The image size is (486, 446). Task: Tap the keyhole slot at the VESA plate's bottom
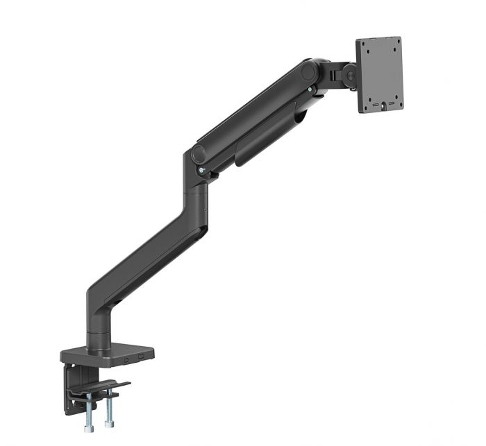pyautogui.click(x=380, y=105)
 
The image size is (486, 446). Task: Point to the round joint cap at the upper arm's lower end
pyautogui.click(x=199, y=154)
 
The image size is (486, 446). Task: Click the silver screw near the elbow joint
pyautogui.click(x=201, y=170)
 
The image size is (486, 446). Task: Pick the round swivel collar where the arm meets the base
pyautogui.click(x=97, y=340)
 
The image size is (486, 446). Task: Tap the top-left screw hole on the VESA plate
pyautogui.click(x=366, y=49)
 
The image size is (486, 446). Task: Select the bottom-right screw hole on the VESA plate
pyautogui.click(x=394, y=89)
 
